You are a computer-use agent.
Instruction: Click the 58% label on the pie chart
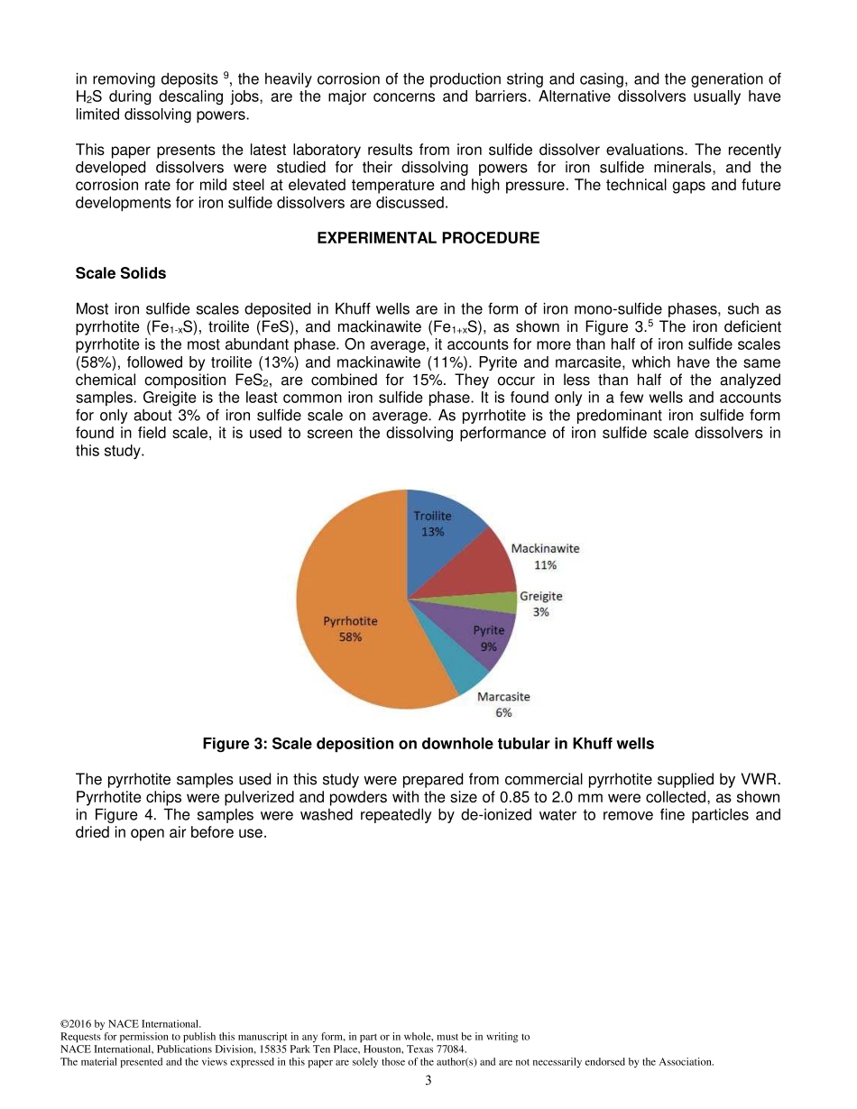pyautogui.click(x=350, y=637)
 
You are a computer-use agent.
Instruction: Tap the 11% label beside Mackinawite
pyautogui.click(x=545, y=565)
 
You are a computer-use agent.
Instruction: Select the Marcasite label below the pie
pyautogui.click(x=503, y=697)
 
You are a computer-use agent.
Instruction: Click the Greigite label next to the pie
pyautogui.click(x=540, y=596)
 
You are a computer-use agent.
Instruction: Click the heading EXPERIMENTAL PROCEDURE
pyautogui.click(x=428, y=238)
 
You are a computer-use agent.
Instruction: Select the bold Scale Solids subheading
pyautogui.click(x=121, y=273)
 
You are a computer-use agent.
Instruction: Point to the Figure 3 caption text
pyautogui.click(x=428, y=744)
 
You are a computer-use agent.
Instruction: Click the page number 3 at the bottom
pyautogui.click(x=428, y=1080)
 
